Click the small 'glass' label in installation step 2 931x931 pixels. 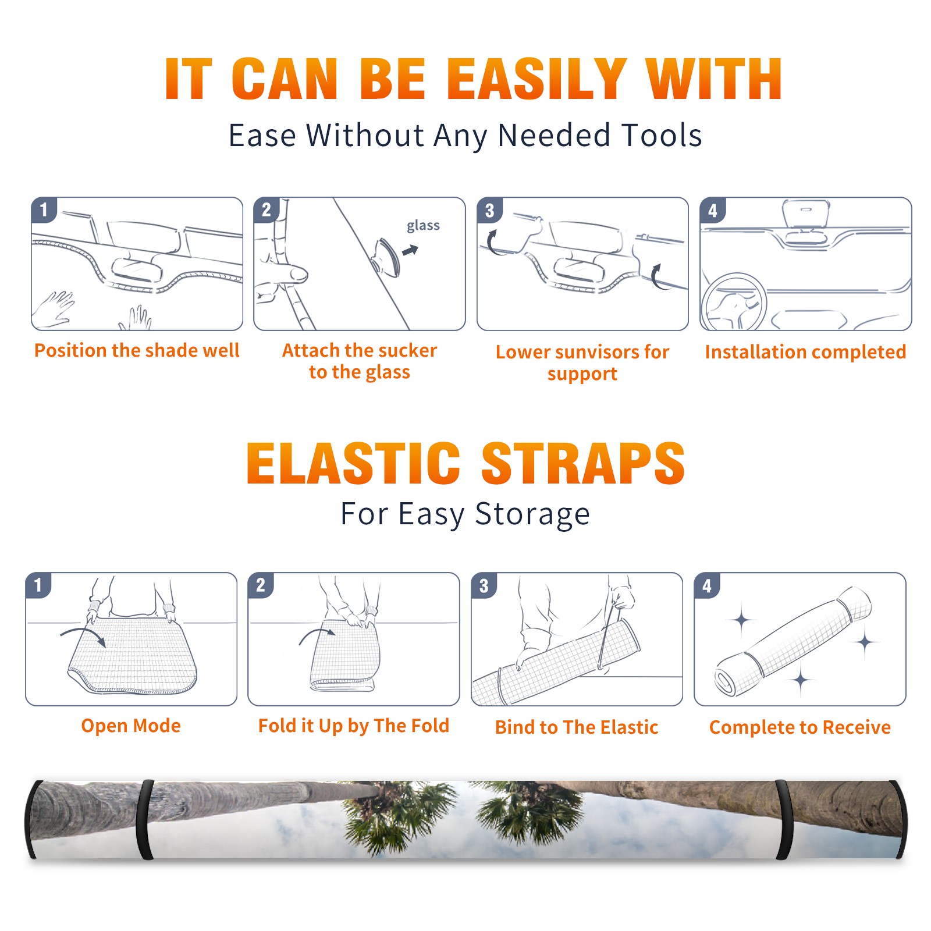[423, 226]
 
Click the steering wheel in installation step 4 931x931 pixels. [734, 302]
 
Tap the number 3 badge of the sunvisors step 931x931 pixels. [489, 210]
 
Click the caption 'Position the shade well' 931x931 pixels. [137, 350]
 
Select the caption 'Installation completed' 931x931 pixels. [805, 352]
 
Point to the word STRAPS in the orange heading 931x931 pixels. [583, 463]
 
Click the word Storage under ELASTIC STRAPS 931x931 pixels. [532, 514]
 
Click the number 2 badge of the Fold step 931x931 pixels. [261, 585]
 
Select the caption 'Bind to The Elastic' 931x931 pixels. [577, 727]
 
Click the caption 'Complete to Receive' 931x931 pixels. [800, 727]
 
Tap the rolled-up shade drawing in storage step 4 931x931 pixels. [793, 642]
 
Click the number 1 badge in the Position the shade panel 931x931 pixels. [44, 209]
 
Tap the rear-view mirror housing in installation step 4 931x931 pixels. [806, 214]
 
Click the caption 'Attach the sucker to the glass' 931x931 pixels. [360, 361]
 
